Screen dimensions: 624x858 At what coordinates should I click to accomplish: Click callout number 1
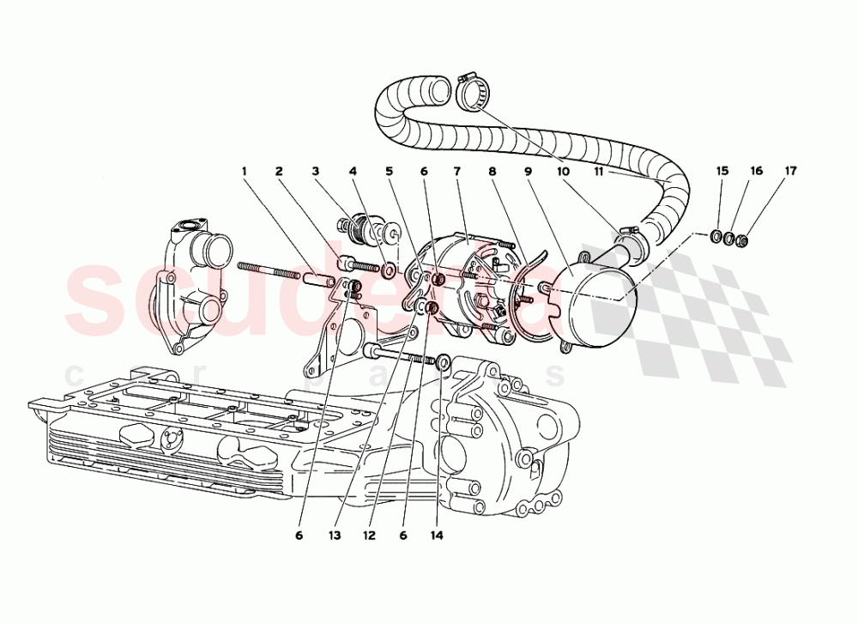click(244, 172)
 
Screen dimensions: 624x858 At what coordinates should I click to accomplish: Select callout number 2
click(280, 172)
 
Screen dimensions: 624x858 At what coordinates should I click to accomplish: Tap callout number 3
click(316, 172)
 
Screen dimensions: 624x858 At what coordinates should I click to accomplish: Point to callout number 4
click(352, 172)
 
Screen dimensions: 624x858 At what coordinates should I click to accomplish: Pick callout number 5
click(389, 172)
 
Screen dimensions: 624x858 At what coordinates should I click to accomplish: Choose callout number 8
click(492, 172)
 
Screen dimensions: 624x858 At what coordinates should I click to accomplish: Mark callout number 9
click(529, 172)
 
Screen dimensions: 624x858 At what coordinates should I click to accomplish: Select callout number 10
click(564, 172)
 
